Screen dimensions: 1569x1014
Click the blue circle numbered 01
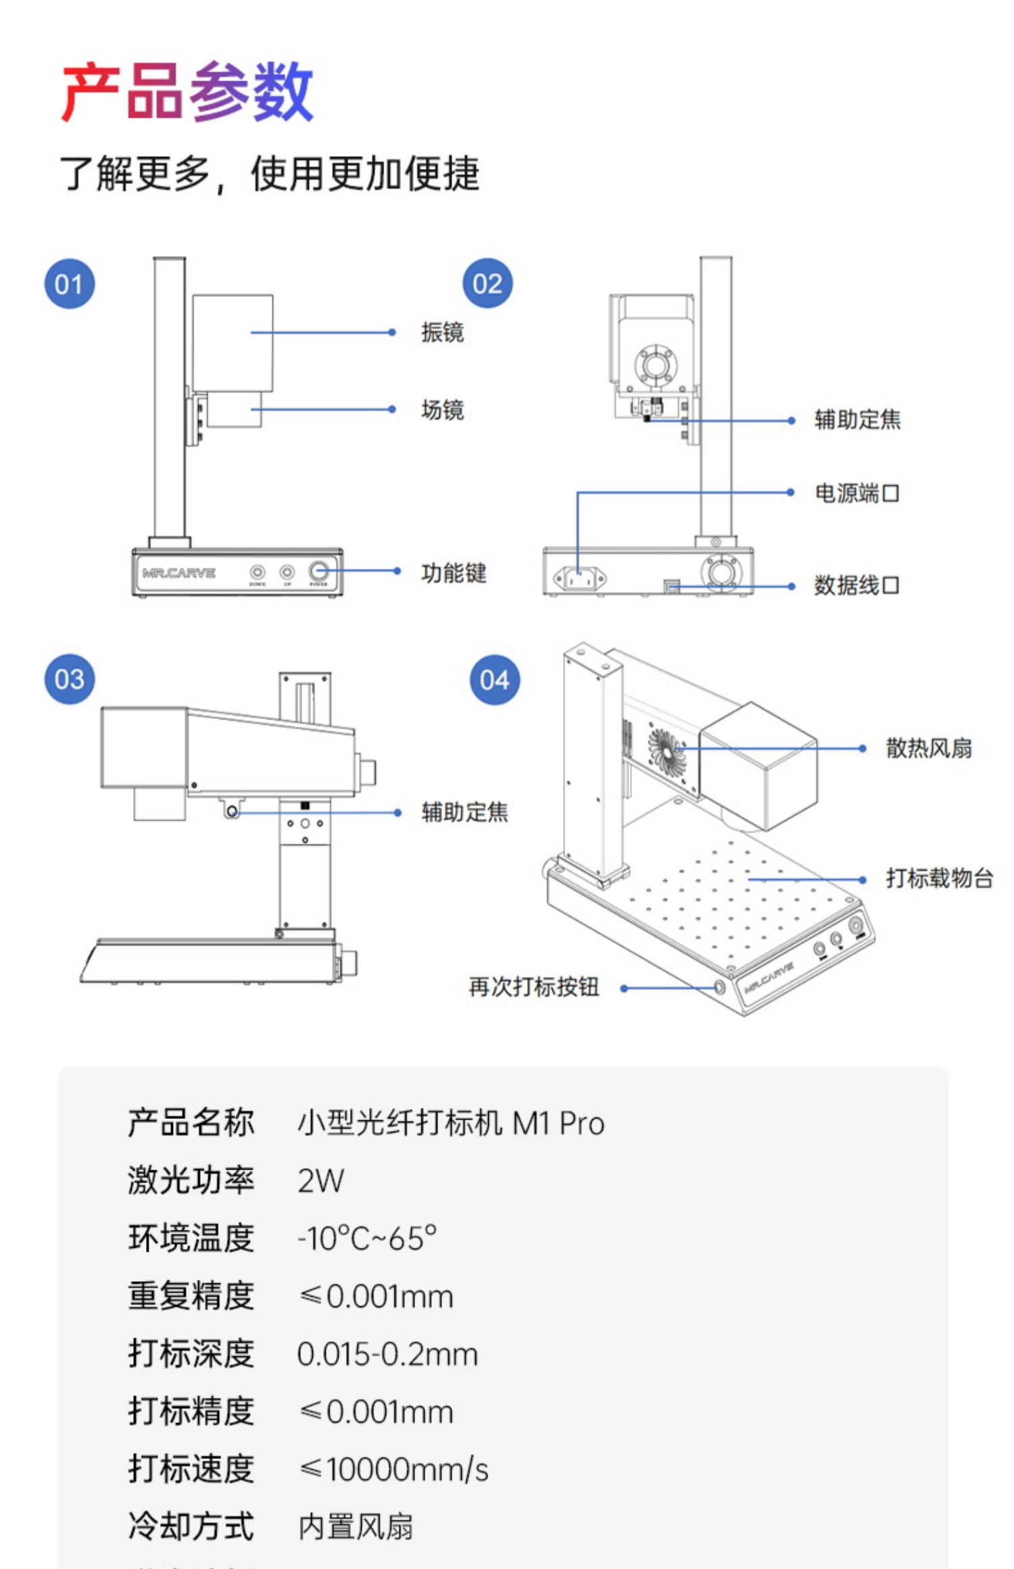[70, 284]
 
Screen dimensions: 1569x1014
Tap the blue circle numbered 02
[487, 284]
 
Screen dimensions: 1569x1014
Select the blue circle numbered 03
[70, 679]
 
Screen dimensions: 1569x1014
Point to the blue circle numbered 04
[495, 680]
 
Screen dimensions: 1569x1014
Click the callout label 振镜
[442, 332]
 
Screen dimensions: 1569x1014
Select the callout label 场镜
[442, 410]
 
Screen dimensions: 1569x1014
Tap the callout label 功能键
[454, 573]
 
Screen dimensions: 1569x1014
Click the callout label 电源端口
[856, 493]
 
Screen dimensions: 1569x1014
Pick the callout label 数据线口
[856, 585]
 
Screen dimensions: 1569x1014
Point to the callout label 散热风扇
[929, 749]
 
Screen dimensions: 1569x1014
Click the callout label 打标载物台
[940, 878]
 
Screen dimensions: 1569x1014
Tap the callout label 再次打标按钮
[534, 987]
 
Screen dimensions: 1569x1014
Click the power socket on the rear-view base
[579, 578]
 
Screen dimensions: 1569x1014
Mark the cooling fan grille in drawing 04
[667, 749]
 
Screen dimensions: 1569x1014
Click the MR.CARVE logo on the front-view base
[178, 573]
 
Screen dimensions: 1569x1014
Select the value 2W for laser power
[320, 1181]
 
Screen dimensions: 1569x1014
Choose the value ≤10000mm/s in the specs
[393, 1470]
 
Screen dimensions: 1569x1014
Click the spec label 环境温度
[191, 1239]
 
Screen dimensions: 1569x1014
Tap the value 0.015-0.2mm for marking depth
[387, 1355]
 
